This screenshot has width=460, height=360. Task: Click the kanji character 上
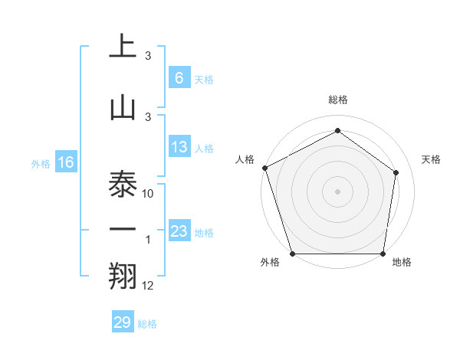click(x=123, y=45)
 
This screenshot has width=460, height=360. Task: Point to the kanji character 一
click(x=123, y=229)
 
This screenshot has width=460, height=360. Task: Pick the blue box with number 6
click(x=179, y=78)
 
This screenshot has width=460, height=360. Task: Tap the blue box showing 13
click(x=179, y=147)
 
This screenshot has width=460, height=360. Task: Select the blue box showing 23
click(x=179, y=231)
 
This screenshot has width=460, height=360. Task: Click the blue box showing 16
click(x=65, y=162)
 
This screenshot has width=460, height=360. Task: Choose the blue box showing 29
click(x=122, y=322)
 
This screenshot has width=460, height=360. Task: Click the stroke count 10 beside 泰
click(x=149, y=194)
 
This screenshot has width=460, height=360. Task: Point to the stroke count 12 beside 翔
click(x=148, y=286)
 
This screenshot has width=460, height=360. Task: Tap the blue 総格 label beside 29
click(x=147, y=324)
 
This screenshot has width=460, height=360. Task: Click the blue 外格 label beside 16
click(x=40, y=163)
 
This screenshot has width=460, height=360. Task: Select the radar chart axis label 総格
click(x=338, y=100)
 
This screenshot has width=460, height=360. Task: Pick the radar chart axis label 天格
click(x=432, y=159)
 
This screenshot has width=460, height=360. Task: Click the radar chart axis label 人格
click(x=245, y=159)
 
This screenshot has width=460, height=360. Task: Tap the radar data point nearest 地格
click(x=383, y=254)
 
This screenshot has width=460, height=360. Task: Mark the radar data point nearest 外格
click(x=292, y=254)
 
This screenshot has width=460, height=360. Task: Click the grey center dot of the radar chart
click(x=338, y=191)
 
